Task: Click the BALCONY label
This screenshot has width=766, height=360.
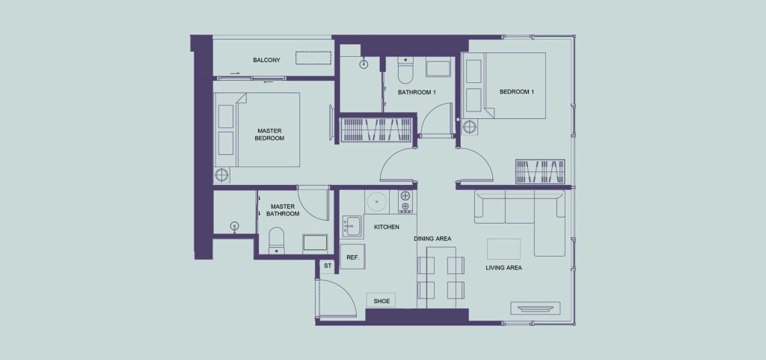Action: [266, 60]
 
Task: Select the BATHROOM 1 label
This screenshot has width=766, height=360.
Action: [417, 92]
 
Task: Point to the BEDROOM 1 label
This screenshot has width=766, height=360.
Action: [516, 91]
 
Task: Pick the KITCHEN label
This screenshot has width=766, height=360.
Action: [387, 227]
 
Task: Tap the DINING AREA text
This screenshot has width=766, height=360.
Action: [432, 239]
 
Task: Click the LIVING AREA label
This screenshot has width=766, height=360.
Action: [503, 268]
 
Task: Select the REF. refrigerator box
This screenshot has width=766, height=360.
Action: [353, 257]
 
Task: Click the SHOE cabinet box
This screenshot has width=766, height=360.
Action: [382, 301]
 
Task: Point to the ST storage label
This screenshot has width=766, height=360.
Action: [328, 266]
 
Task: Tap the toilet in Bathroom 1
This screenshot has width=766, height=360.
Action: [405, 70]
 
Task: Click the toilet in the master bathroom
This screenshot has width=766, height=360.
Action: [277, 240]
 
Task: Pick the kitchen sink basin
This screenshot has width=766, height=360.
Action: [350, 227]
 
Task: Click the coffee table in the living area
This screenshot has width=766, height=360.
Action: [503, 249]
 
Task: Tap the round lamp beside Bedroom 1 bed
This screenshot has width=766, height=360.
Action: [470, 127]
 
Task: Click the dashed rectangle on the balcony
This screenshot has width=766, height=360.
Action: [313, 58]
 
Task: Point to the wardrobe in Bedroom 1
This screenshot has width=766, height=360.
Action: [540, 171]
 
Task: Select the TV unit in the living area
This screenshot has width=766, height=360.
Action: [536, 308]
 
